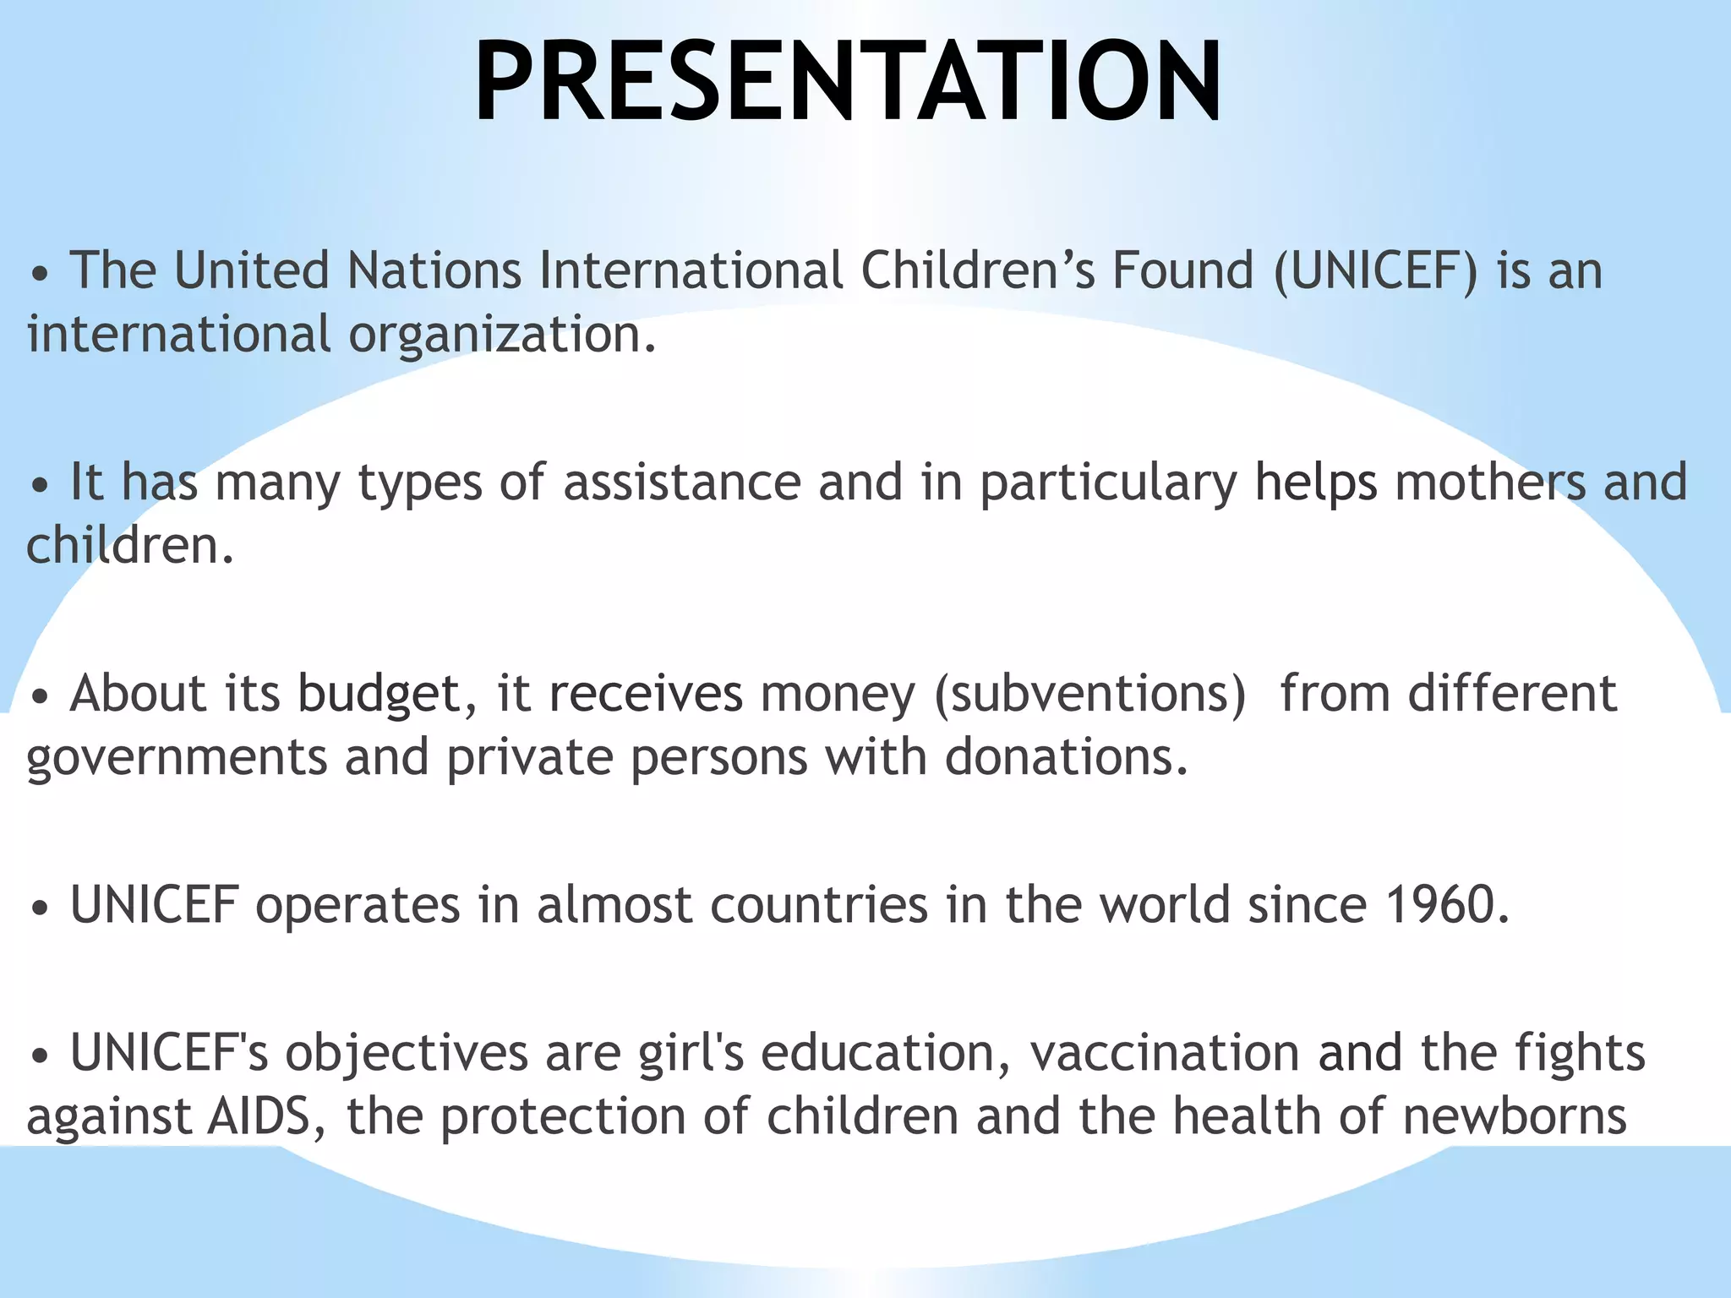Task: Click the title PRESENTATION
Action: pyautogui.click(x=848, y=82)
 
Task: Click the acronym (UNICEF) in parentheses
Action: pyautogui.click(x=1376, y=271)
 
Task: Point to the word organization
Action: pyautogui.click(x=502, y=335)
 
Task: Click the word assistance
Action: pyautogui.click(x=682, y=483)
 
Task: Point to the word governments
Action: pyautogui.click(x=177, y=758)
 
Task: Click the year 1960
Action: pyautogui.click(x=1446, y=905)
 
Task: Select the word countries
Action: pyautogui.click(x=819, y=905)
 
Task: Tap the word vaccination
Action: pyautogui.click(x=1165, y=1054)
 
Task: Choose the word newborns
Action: pyautogui.click(x=1515, y=1116)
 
